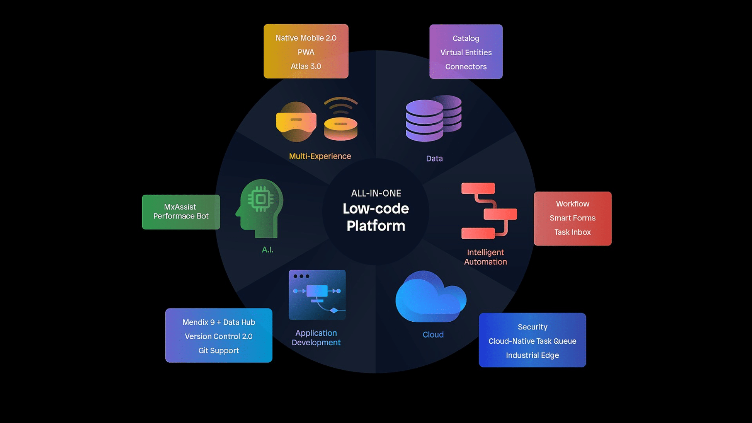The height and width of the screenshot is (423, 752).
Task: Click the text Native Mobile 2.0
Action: tap(306, 38)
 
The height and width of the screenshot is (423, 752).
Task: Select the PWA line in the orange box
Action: tap(306, 52)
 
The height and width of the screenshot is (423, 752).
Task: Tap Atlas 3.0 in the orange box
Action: tap(306, 66)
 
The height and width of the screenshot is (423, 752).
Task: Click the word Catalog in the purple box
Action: tap(466, 38)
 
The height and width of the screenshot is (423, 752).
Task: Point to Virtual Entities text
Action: tap(466, 53)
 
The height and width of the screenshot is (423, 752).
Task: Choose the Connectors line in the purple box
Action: tap(466, 67)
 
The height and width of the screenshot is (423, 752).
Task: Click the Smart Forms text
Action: tap(572, 218)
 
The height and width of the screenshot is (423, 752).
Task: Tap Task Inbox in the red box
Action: tap(572, 232)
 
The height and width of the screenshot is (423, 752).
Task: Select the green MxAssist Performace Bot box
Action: tap(181, 212)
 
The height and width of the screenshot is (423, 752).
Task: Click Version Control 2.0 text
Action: tap(218, 336)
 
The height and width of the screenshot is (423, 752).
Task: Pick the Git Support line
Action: tap(218, 350)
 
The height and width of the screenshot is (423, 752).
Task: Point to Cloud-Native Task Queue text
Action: tap(532, 341)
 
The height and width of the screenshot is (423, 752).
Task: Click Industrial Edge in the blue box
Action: tap(532, 355)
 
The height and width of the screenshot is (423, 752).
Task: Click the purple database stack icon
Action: tap(433, 118)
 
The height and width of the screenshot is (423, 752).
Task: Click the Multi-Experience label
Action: tap(320, 156)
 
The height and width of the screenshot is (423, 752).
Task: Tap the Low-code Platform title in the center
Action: tap(376, 217)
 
